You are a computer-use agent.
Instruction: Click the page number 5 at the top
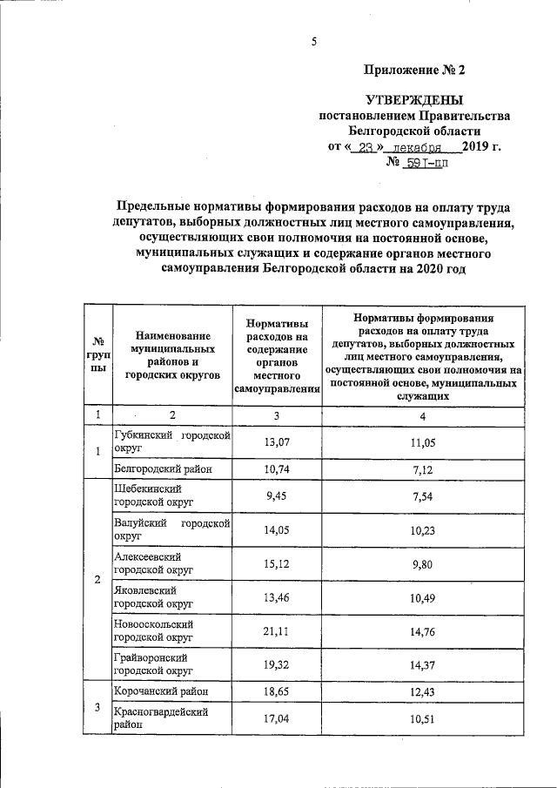point(313,41)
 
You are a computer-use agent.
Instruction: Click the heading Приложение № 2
point(419,70)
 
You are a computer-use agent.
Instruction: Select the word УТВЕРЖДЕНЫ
point(414,101)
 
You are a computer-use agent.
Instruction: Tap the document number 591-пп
point(428,162)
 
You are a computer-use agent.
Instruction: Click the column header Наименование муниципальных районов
point(172,354)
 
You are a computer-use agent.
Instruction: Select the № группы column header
point(98,354)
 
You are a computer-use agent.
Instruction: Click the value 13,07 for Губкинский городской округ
point(276,443)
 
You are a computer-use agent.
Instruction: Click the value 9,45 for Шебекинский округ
point(276,495)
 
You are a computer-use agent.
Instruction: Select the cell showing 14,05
point(276,530)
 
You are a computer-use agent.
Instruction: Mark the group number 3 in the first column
point(98,706)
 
